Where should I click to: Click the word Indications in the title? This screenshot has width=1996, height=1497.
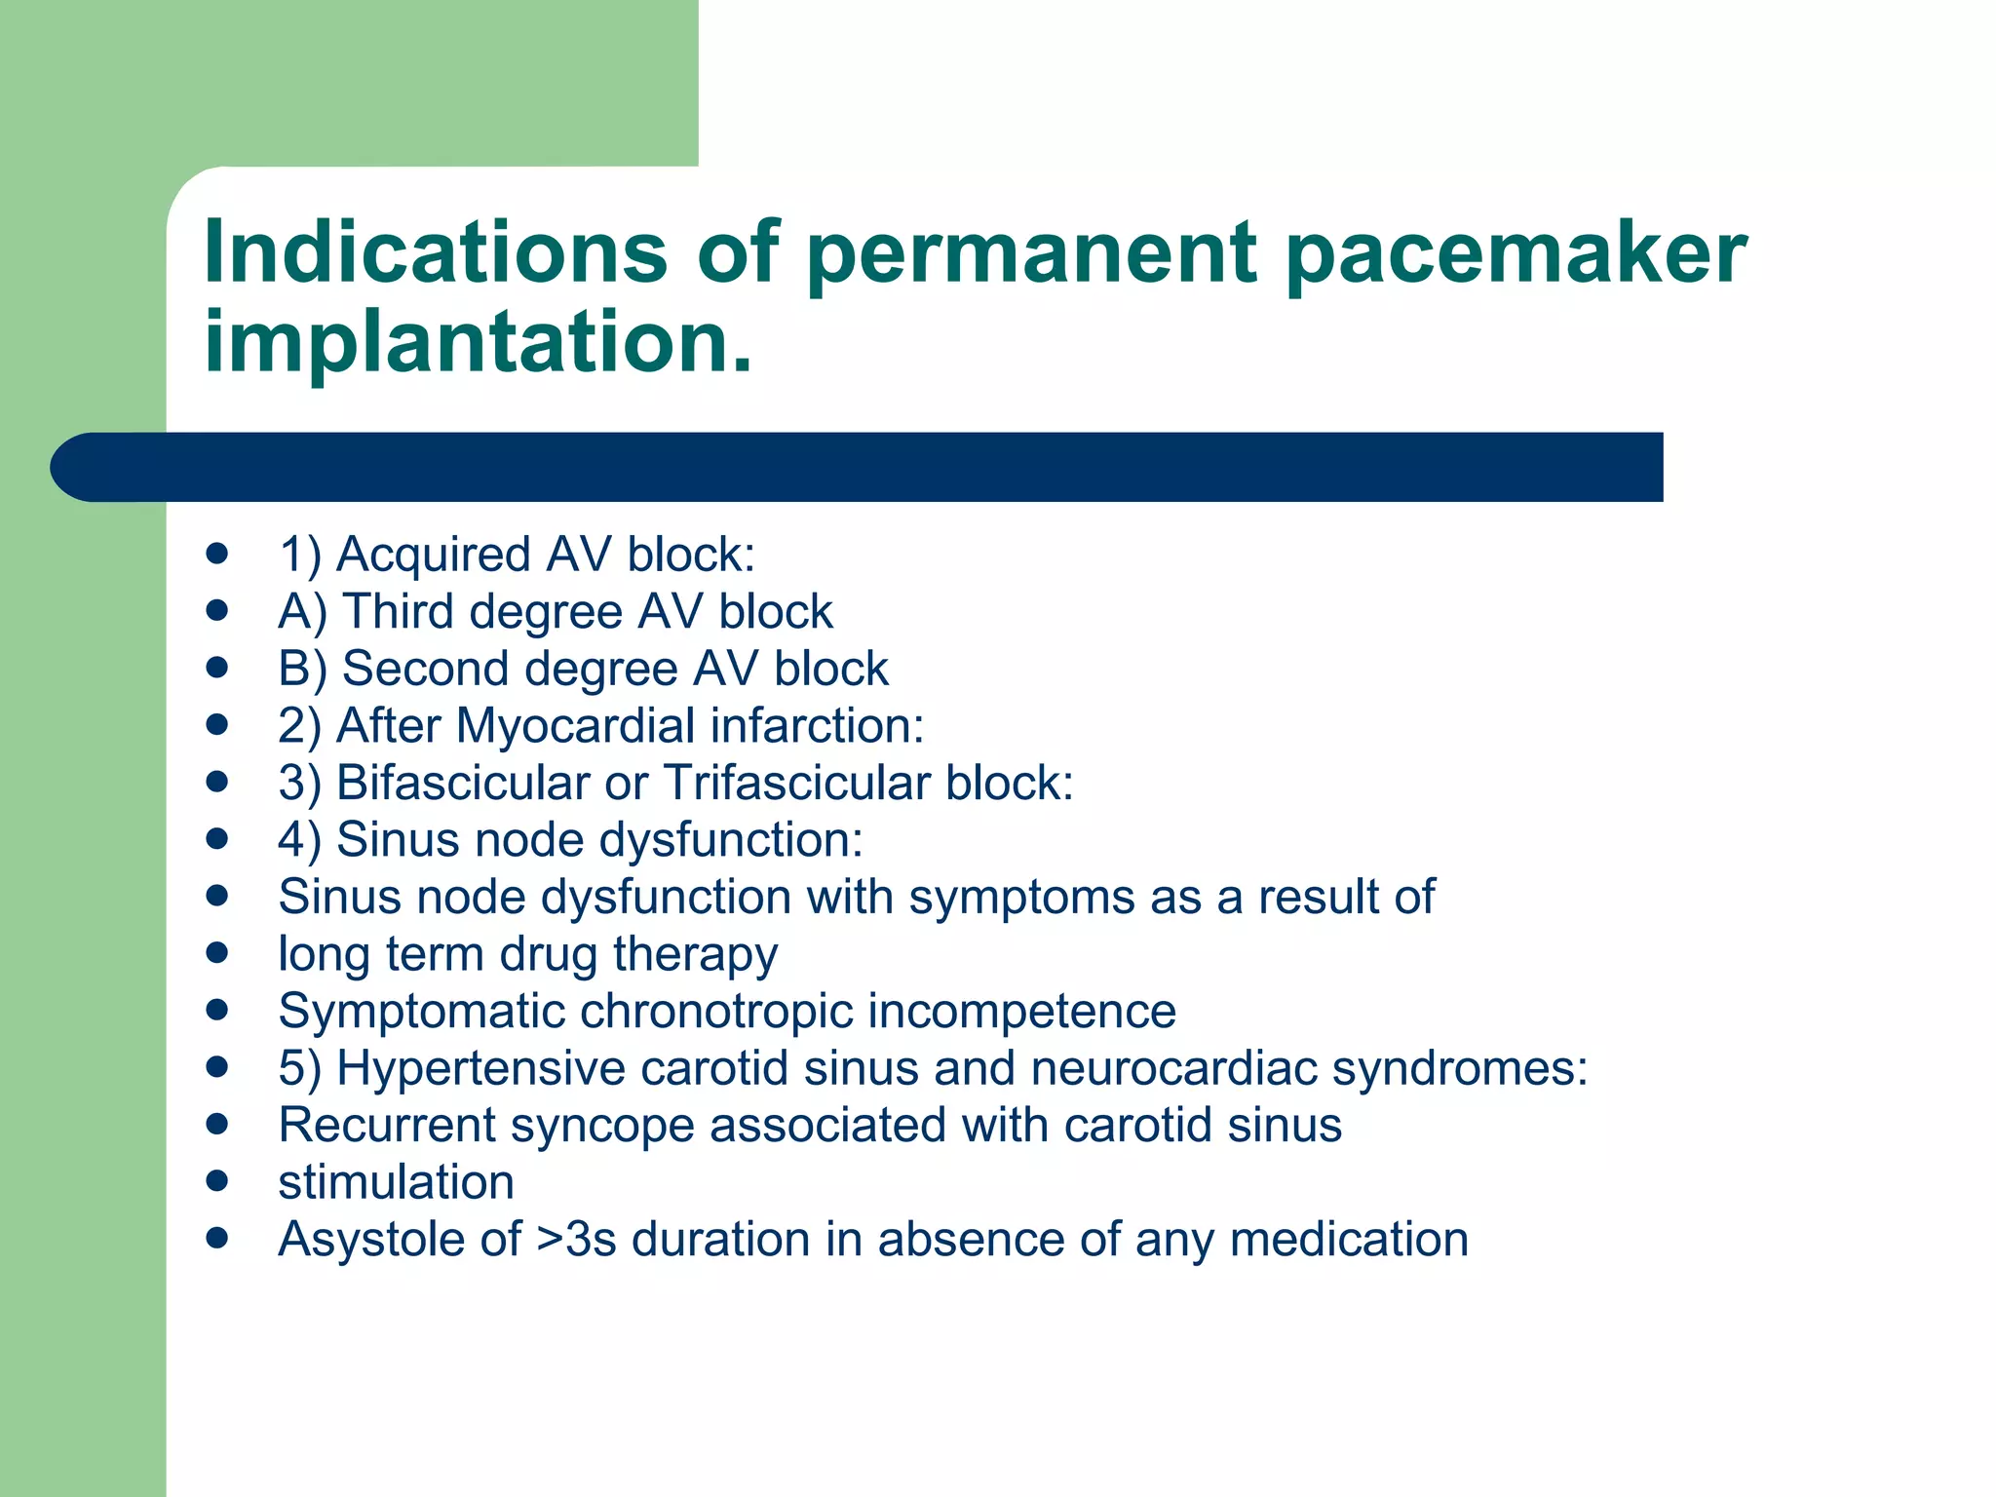[x=435, y=251]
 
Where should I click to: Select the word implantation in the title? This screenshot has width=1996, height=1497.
[x=478, y=341]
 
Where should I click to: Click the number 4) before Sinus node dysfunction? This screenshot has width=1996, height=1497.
[x=298, y=840]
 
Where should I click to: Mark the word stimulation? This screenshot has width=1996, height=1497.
[x=396, y=1182]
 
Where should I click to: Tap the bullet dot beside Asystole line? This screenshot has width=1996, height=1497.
[x=217, y=1239]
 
